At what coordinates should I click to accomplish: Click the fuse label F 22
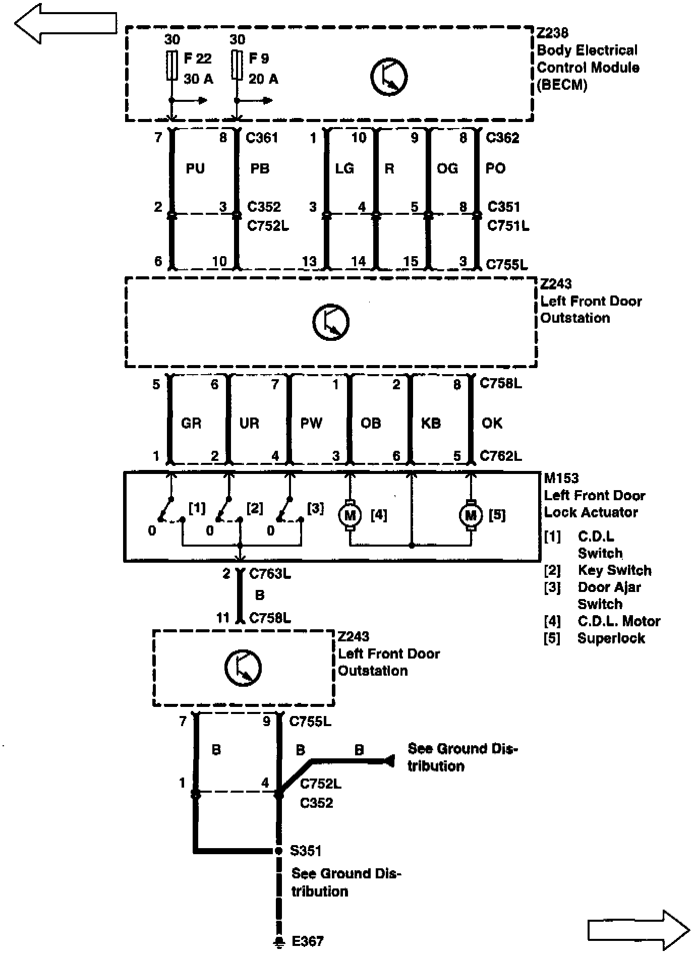point(197,58)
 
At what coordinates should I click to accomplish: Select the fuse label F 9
point(259,58)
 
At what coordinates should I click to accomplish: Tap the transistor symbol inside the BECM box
point(389,77)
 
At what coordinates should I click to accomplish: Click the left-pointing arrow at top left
point(66,24)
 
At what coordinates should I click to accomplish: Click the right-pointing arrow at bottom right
point(639,929)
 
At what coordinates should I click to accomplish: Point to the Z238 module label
point(552,33)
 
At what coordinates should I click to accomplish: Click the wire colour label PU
point(195,168)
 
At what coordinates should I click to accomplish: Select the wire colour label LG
point(344,168)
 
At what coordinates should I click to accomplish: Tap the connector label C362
point(502,138)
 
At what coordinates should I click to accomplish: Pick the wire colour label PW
point(311,423)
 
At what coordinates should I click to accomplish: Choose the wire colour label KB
point(431,423)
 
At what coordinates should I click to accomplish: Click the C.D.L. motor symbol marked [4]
point(350,515)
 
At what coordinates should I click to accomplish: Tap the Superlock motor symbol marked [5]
point(471,515)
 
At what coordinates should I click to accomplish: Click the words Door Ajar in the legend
point(609,587)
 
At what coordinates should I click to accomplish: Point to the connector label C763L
point(270,574)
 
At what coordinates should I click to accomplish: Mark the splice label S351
point(306,851)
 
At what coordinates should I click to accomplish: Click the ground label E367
point(308,941)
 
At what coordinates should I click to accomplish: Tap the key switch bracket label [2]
point(255,508)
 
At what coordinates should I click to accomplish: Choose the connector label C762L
point(500,456)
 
